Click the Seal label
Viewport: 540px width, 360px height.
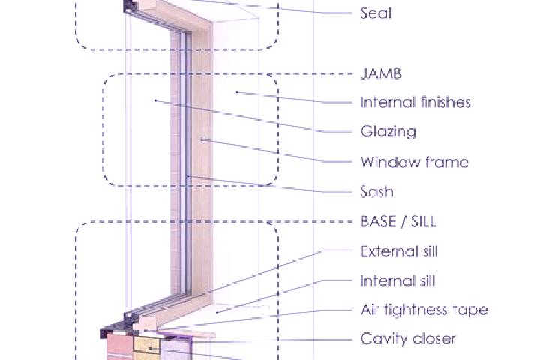point(376,13)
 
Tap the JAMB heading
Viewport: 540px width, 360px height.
point(380,73)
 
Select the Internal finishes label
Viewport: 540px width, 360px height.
point(415,102)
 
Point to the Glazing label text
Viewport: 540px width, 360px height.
point(388,132)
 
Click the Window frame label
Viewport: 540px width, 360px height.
point(414,162)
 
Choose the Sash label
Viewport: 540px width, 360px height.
point(376,192)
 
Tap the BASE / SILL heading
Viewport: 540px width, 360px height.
point(398,221)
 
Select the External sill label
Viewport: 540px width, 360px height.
point(399,251)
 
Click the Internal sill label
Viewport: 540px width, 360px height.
point(397,281)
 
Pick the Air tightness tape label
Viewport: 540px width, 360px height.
point(424,310)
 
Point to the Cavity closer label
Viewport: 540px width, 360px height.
point(408,339)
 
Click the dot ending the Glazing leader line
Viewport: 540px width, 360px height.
point(155,100)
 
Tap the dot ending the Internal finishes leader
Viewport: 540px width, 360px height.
point(237,92)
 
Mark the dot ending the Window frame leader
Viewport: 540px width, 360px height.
point(202,139)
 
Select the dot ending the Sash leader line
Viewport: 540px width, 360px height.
point(187,176)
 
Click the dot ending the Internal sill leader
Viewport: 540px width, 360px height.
point(217,313)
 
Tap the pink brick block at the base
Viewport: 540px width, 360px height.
point(119,347)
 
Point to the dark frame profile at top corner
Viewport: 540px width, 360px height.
point(130,7)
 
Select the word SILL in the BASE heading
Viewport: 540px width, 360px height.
point(424,221)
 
